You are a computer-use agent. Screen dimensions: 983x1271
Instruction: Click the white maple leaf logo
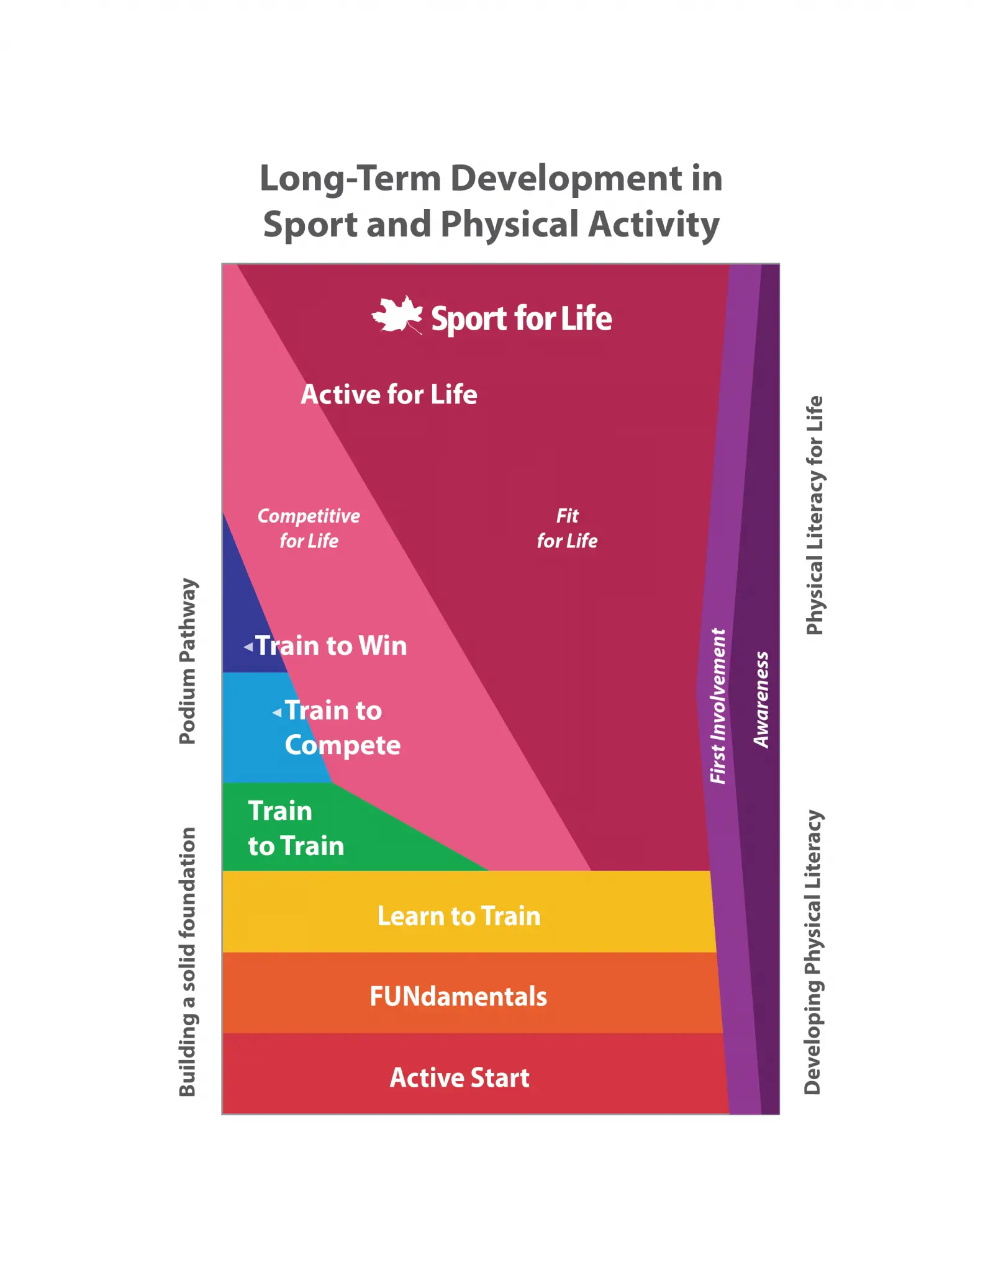coord(397,315)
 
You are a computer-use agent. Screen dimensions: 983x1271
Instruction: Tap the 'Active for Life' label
coord(389,395)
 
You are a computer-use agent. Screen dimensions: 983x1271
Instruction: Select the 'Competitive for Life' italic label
coord(309,528)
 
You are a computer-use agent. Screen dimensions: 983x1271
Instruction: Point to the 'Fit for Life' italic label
coord(567,528)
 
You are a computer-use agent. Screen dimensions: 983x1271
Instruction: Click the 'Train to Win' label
coord(332,645)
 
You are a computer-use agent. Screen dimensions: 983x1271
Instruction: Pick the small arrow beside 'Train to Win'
coord(248,647)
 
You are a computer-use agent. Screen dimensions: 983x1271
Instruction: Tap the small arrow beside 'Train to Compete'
coord(277,713)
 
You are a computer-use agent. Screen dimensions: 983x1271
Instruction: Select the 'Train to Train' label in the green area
coord(296,829)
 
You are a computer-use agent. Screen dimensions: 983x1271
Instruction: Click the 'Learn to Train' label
coord(459,916)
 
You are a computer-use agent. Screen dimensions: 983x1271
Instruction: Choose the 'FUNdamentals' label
coord(458,997)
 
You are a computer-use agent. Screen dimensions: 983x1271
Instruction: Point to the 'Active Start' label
coord(460,1077)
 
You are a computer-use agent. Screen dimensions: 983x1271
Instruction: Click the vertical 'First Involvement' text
coord(718,706)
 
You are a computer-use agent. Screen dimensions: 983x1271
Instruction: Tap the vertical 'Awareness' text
coord(761,699)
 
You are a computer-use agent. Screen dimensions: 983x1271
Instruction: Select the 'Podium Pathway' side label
coord(188,661)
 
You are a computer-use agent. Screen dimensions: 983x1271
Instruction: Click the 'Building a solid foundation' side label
coord(188,961)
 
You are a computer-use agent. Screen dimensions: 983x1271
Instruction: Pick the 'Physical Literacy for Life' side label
coord(814,515)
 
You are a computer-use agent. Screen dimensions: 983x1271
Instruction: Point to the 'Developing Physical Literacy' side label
coord(813,952)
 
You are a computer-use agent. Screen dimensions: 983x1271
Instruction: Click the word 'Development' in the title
coord(566,179)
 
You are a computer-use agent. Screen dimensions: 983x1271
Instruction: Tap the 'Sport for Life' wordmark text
coord(522,318)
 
